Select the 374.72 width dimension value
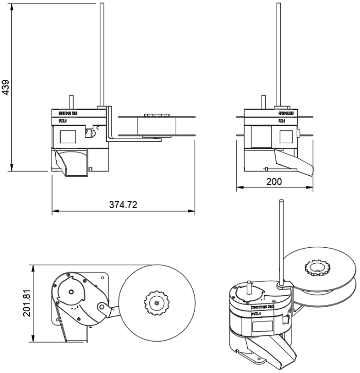tap(123, 205)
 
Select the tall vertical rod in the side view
tap(279, 52)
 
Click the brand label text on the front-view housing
tap(68, 113)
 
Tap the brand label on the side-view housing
tap(286, 113)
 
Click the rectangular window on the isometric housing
tap(262, 326)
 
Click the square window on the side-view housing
tap(286, 137)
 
